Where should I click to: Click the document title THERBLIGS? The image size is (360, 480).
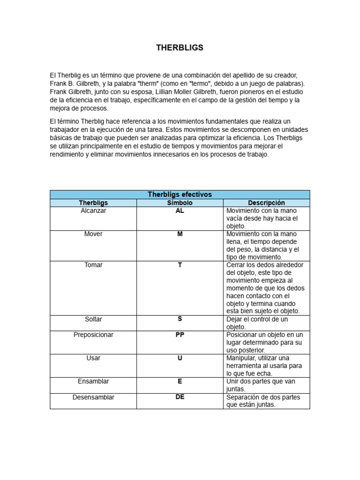tap(180, 48)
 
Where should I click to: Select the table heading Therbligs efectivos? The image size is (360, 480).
tap(180, 194)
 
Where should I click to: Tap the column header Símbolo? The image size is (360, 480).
tap(180, 203)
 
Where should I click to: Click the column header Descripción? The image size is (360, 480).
tap(266, 203)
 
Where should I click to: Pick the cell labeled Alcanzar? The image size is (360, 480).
tap(93, 211)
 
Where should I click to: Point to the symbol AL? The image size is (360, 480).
tap(180, 211)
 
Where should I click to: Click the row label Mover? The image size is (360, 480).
tap(93, 234)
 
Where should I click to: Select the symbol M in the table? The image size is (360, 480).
tap(180, 234)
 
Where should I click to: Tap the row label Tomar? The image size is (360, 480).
tap(93, 265)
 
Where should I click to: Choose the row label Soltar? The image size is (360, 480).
tap(93, 319)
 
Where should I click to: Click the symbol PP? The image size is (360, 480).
tap(180, 335)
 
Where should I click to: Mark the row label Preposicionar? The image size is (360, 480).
tap(93, 335)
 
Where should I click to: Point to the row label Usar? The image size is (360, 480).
tap(93, 358)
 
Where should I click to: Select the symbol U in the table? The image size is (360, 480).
tap(180, 358)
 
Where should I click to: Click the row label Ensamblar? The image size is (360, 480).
tap(93, 382)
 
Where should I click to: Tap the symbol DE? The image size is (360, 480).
tap(180, 397)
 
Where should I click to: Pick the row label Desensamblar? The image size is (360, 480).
tap(93, 397)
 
